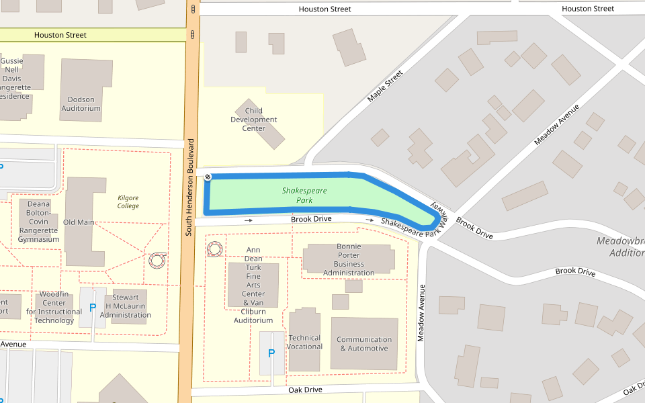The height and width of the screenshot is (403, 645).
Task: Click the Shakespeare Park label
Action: (304, 195)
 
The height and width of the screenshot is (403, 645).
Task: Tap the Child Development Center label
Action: (254, 120)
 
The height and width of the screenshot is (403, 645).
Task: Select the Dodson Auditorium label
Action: (81, 103)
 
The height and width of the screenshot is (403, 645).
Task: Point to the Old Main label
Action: (79, 222)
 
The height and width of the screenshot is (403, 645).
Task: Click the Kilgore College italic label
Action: (128, 201)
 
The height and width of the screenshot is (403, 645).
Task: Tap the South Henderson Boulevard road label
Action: (190, 187)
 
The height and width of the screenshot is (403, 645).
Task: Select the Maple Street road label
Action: (385, 86)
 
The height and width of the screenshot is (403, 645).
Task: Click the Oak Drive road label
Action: (305, 390)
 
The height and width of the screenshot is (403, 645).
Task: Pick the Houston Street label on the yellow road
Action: (60, 35)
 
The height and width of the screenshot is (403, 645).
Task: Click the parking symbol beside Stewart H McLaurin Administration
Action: (93, 308)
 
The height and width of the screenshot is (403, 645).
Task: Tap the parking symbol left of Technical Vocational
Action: (271, 353)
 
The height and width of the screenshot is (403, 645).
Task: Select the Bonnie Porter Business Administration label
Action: (349, 259)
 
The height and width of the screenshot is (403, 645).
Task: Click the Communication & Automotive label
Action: (363, 344)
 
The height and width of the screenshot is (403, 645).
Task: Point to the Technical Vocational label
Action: (305, 342)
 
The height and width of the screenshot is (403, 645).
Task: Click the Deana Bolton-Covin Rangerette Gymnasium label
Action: (38, 222)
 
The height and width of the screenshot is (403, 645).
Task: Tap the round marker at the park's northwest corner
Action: (208, 177)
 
